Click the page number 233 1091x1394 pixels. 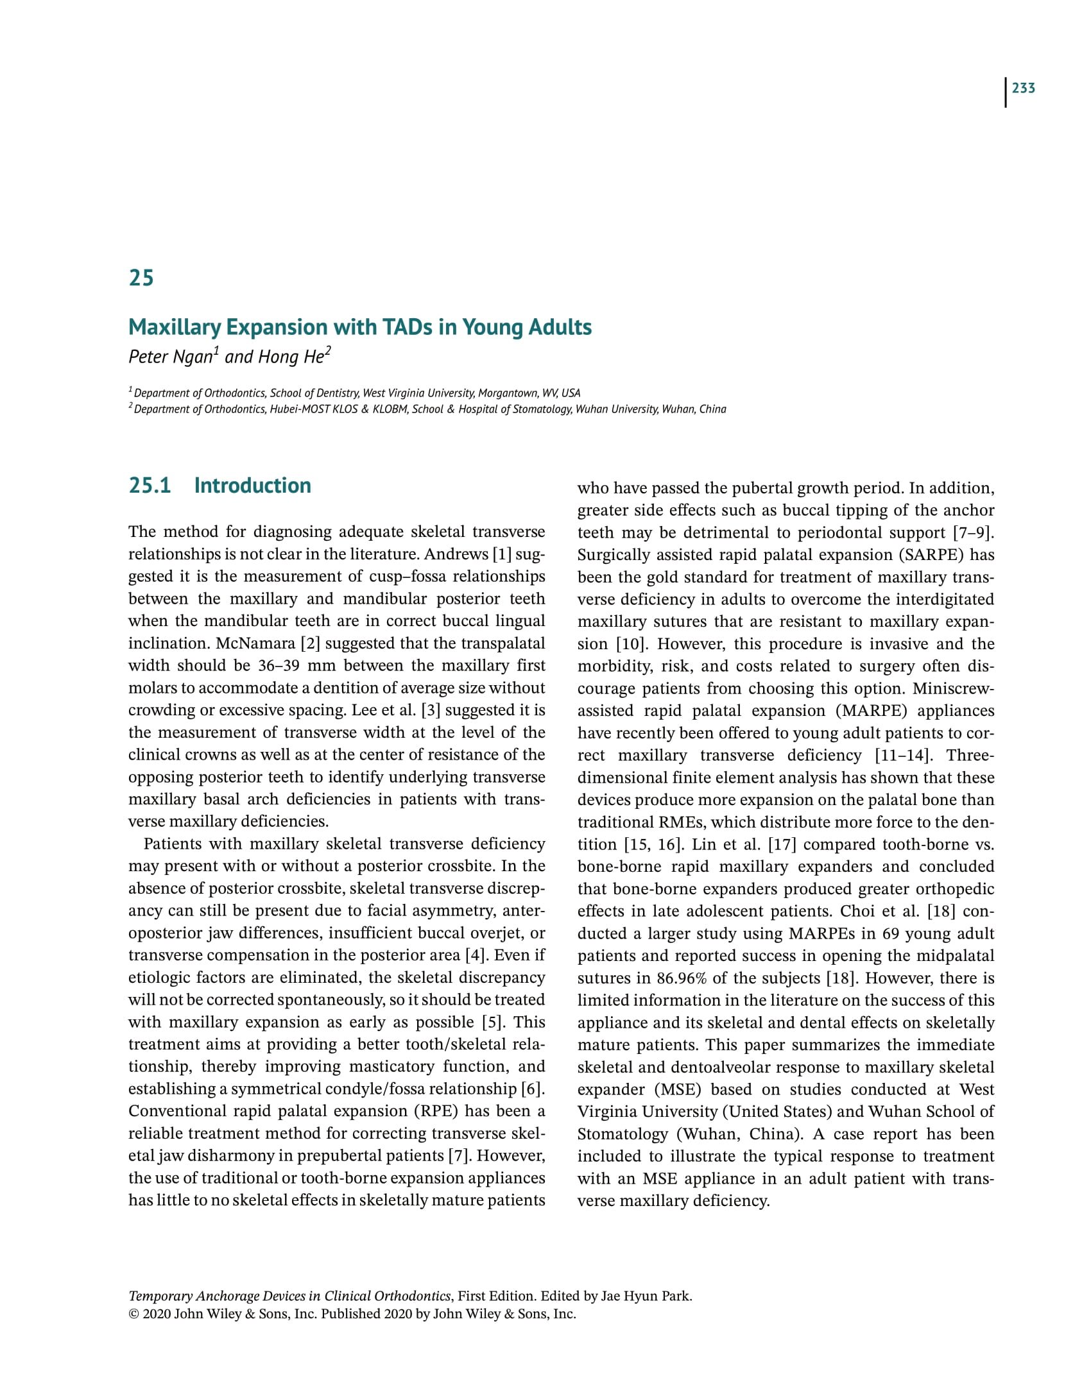[x=1024, y=89]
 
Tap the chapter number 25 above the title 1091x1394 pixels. [x=141, y=278]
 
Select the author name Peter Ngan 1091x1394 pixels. [x=171, y=357]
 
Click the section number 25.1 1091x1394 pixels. [x=150, y=486]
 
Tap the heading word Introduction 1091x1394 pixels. [x=252, y=486]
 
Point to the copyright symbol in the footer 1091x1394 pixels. [x=133, y=1314]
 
